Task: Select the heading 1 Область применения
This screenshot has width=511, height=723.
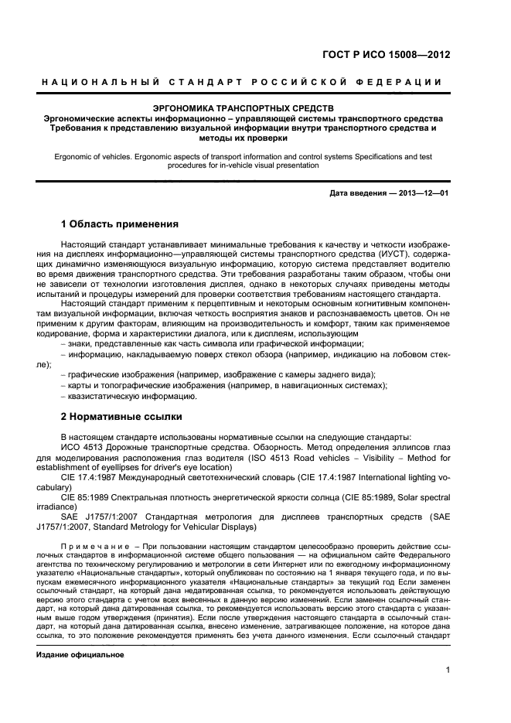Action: [120, 224]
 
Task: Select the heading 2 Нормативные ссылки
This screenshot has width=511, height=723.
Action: [121, 416]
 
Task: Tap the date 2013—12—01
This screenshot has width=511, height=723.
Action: [423, 193]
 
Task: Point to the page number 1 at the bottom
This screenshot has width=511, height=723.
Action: [448, 670]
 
